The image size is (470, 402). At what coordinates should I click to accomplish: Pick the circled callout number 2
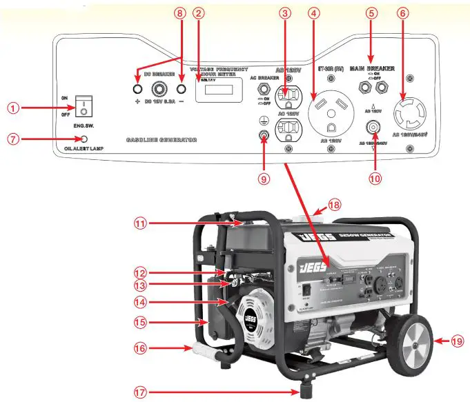pyautogui.click(x=199, y=13)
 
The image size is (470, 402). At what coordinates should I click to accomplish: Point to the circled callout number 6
pyautogui.click(x=423, y=13)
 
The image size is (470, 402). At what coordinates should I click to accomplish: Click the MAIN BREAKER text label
pyautogui.click(x=373, y=69)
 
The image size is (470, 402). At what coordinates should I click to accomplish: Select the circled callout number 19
pyautogui.click(x=458, y=341)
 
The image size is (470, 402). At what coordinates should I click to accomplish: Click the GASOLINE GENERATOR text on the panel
pyautogui.click(x=161, y=139)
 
